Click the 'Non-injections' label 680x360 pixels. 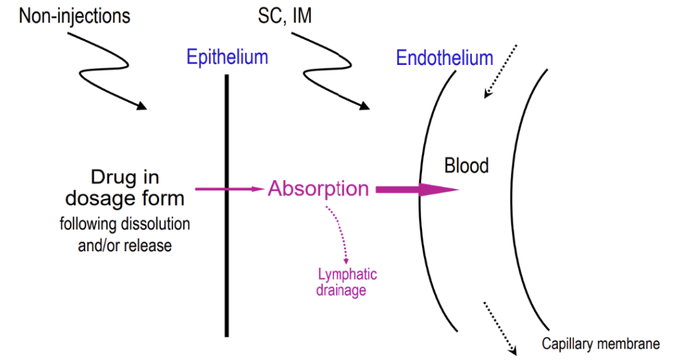click(x=74, y=15)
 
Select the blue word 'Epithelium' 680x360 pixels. click(x=227, y=57)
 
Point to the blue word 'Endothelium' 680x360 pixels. click(x=444, y=58)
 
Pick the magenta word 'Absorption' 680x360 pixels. click(x=318, y=189)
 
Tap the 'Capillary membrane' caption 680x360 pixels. click(x=600, y=343)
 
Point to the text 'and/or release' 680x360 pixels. click(x=125, y=245)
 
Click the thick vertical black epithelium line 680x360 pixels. click(x=227, y=265)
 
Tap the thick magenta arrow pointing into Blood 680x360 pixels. click(x=417, y=190)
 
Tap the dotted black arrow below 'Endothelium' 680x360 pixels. click(x=500, y=72)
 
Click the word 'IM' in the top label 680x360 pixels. click(x=301, y=15)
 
